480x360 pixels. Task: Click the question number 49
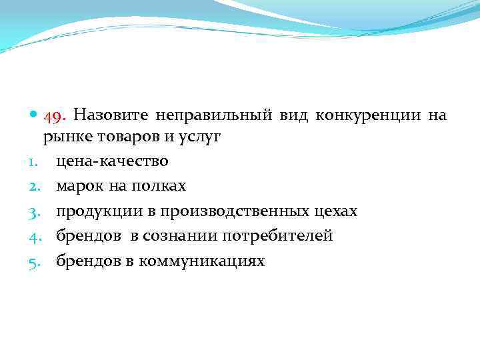click(x=55, y=115)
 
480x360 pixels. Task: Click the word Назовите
click(x=111, y=115)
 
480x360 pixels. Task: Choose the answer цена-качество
click(x=112, y=161)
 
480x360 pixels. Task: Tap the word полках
click(x=158, y=186)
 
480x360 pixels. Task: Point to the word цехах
click(x=335, y=211)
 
